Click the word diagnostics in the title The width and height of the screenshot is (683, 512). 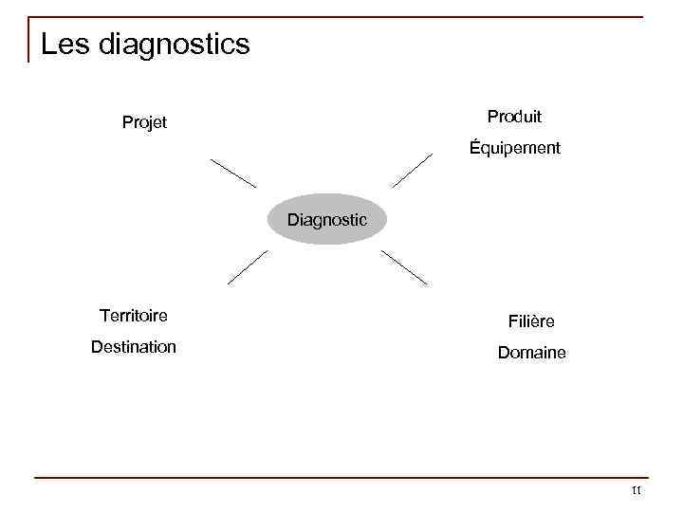tap(174, 45)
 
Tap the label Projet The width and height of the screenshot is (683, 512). tap(144, 122)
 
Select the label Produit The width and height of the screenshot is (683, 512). tap(514, 117)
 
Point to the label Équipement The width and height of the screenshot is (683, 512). tap(515, 148)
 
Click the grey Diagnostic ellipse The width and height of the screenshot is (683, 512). tap(327, 220)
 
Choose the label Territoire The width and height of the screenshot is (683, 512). tap(134, 315)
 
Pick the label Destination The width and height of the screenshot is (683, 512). tap(134, 347)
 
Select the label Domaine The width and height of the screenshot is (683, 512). tap(531, 353)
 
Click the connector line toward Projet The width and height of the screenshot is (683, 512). tap(233, 174)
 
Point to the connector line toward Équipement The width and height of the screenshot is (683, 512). tap(412, 171)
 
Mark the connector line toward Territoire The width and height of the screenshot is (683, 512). tap(248, 267)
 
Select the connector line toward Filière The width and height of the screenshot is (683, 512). tap(404, 268)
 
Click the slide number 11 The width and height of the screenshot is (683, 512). tap(636, 490)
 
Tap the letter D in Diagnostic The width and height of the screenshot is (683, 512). tap(293, 220)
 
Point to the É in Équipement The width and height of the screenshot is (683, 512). tap(475, 147)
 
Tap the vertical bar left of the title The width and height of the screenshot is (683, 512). tap(29, 40)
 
